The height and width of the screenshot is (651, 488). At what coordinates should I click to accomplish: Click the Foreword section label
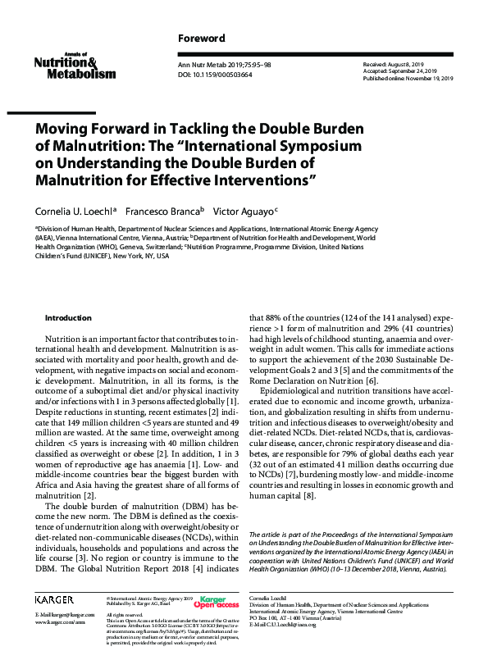coord(202,39)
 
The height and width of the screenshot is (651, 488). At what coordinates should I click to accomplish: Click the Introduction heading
coord(68,317)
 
